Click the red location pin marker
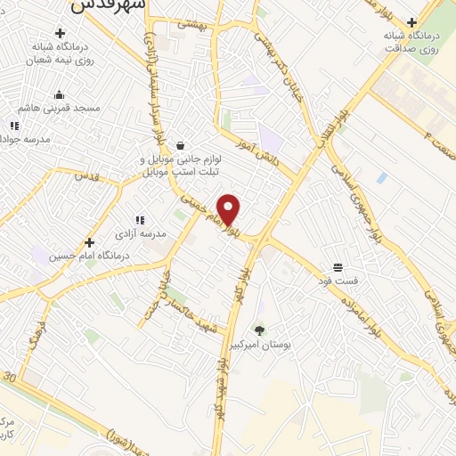[x=229, y=209]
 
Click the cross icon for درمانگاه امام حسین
[x=89, y=241]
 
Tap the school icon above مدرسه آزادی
[x=140, y=219]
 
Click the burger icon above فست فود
[x=338, y=266]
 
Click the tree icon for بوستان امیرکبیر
[x=259, y=330]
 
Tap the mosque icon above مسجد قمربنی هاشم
[x=59, y=95]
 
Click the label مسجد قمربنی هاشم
[x=61, y=108]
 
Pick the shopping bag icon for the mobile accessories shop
[x=181, y=145]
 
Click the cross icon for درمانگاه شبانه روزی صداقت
[x=411, y=21]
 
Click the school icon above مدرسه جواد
[x=13, y=126]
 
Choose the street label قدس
[x=86, y=176]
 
